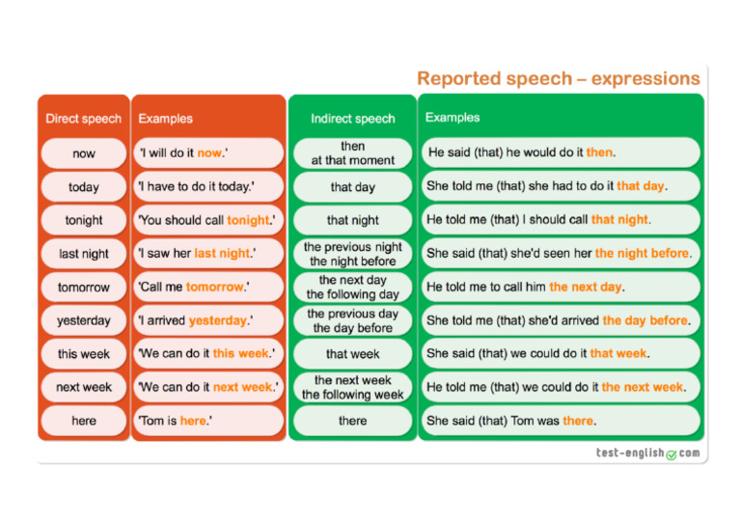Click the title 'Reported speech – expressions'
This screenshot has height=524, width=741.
pyautogui.click(x=558, y=78)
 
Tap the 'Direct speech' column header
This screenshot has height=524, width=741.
pyautogui.click(x=84, y=119)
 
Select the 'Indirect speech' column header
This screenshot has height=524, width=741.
pyautogui.click(x=352, y=119)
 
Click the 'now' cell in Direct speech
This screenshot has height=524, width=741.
pyautogui.click(x=84, y=153)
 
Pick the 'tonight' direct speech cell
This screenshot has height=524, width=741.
pyautogui.click(x=84, y=220)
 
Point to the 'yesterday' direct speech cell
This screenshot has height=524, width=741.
pyautogui.click(x=84, y=320)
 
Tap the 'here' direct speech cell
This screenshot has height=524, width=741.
pyautogui.click(x=84, y=421)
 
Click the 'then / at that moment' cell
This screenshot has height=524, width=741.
pyautogui.click(x=352, y=153)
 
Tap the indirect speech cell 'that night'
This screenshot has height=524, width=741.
pyautogui.click(x=352, y=220)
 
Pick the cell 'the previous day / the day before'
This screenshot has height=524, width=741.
pyautogui.click(x=352, y=320)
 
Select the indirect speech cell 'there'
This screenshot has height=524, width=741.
pyautogui.click(x=352, y=421)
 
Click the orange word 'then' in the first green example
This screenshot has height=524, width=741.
pyautogui.click(x=599, y=152)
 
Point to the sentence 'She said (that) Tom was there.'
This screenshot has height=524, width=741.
pyautogui.click(x=511, y=421)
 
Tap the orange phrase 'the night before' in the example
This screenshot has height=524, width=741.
pyautogui.click(x=642, y=253)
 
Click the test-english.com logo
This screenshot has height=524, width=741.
pyautogui.click(x=647, y=453)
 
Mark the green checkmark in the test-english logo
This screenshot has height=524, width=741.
pyautogui.click(x=672, y=454)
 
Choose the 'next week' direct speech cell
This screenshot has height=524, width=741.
pyautogui.click(x=84, y=387)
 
